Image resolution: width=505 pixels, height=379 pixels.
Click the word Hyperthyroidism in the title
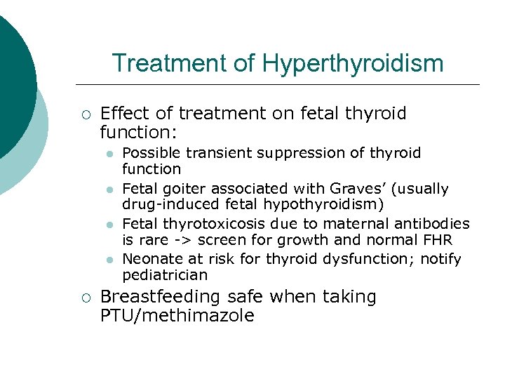[353, 63]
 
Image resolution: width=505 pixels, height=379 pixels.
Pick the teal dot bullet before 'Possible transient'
[109, 154]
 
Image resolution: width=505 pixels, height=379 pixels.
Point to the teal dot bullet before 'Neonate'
[109, 260]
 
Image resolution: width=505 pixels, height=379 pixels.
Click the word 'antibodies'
[434, 224]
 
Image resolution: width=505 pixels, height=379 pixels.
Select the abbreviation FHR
[436, 240]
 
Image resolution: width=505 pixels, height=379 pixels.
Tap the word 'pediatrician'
[165, 275]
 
